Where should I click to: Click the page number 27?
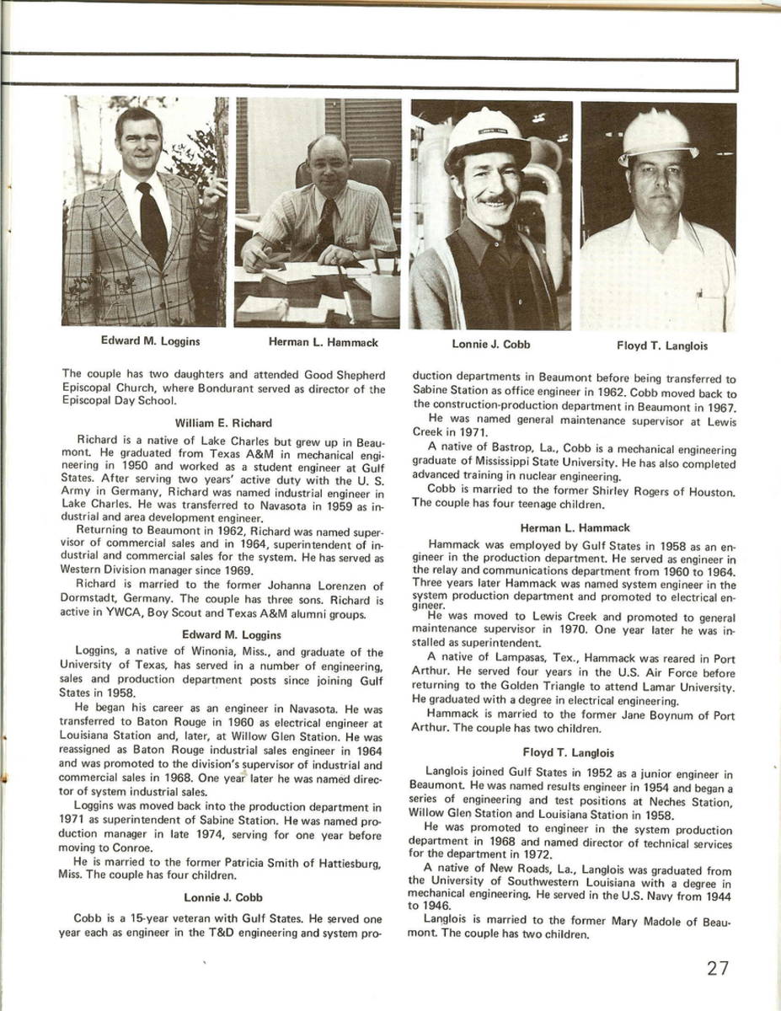pos(718,968)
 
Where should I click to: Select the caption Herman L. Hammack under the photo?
pos(323,342)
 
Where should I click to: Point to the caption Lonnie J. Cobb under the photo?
pos(491,344)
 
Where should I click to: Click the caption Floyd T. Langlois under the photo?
pos(661,345)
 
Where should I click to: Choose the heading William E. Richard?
pos(223,422)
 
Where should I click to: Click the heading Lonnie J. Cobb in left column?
pos(223,897)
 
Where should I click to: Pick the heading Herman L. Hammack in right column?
pos(575,527)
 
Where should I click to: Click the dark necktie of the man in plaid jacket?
pos(152,223)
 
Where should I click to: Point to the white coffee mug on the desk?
pos(385,294)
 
